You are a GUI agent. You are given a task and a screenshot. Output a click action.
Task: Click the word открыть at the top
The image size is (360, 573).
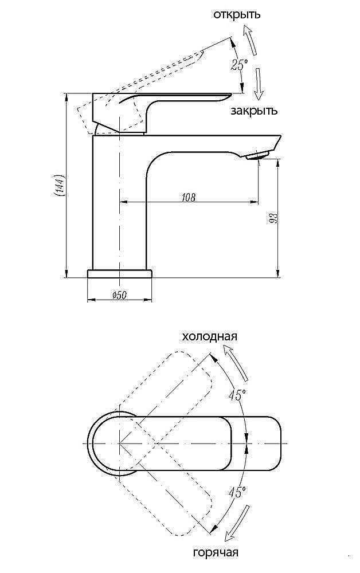point(236,14)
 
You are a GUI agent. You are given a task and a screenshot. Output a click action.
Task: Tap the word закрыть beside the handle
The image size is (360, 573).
point(254,111)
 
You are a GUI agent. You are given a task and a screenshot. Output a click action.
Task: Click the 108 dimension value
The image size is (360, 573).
point(188,197)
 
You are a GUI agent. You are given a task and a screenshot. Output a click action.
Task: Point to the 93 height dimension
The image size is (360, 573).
point(273,218)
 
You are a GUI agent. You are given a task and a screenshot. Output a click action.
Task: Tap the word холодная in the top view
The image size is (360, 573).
point(209,336)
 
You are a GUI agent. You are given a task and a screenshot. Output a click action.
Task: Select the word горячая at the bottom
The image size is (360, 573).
point(216,553)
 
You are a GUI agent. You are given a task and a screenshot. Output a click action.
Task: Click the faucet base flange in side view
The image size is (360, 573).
point(120,273)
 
